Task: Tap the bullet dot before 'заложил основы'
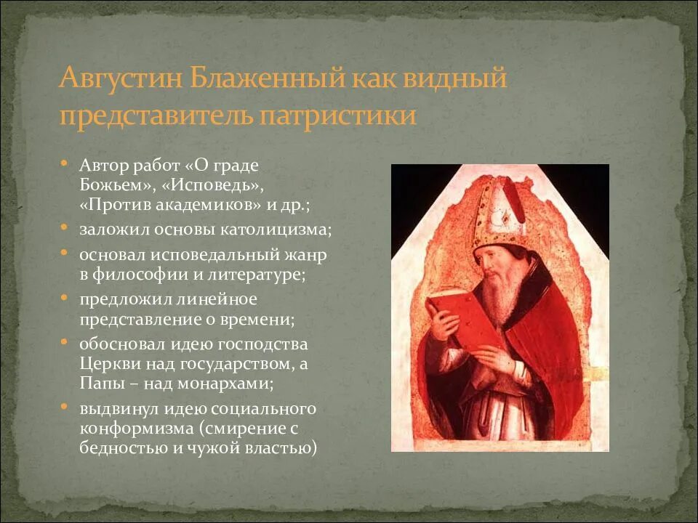tap(65, 229)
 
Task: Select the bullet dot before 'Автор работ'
tap(65, 163)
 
